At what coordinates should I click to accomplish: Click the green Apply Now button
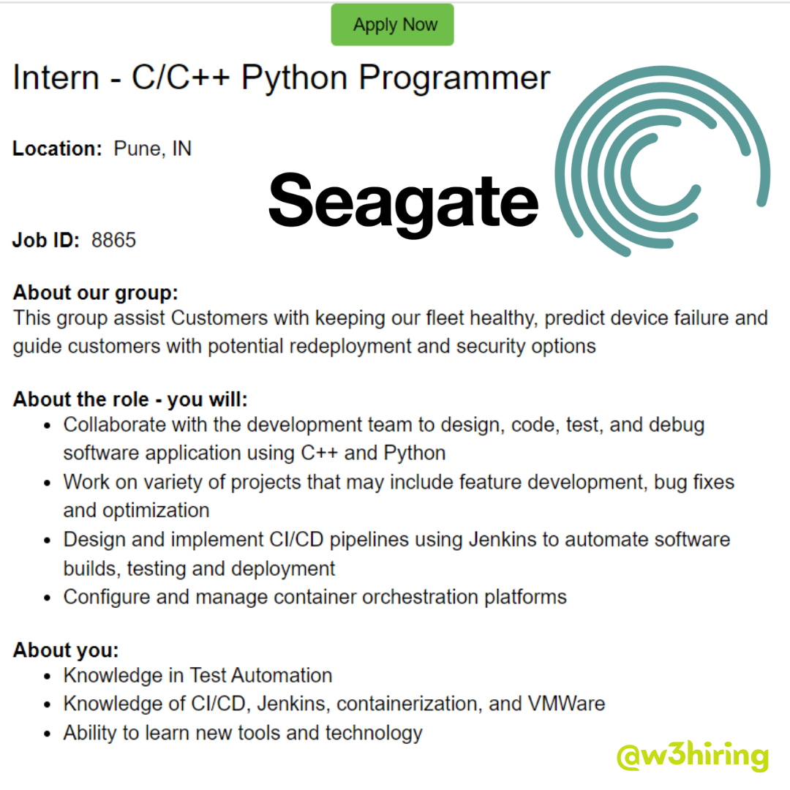point(393,25)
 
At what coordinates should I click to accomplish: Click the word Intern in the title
point(56,78)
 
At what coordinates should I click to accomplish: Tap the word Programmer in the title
point(454,79)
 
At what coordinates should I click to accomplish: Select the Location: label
point(58,148)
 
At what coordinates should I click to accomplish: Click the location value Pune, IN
point(153,149)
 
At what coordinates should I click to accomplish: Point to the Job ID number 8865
point(114,241)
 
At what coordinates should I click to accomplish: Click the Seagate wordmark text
point(404,202)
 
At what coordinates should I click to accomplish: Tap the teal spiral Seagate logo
point(663,161)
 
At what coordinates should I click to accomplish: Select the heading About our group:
point(96,293)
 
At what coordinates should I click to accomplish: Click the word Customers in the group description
point(219,318)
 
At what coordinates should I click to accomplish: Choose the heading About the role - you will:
point(130,399)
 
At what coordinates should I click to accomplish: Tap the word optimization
point(157,511)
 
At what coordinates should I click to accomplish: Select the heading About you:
point(66,650)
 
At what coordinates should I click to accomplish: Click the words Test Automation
point(261,676)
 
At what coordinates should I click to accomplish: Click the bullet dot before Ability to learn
point(48,734)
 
